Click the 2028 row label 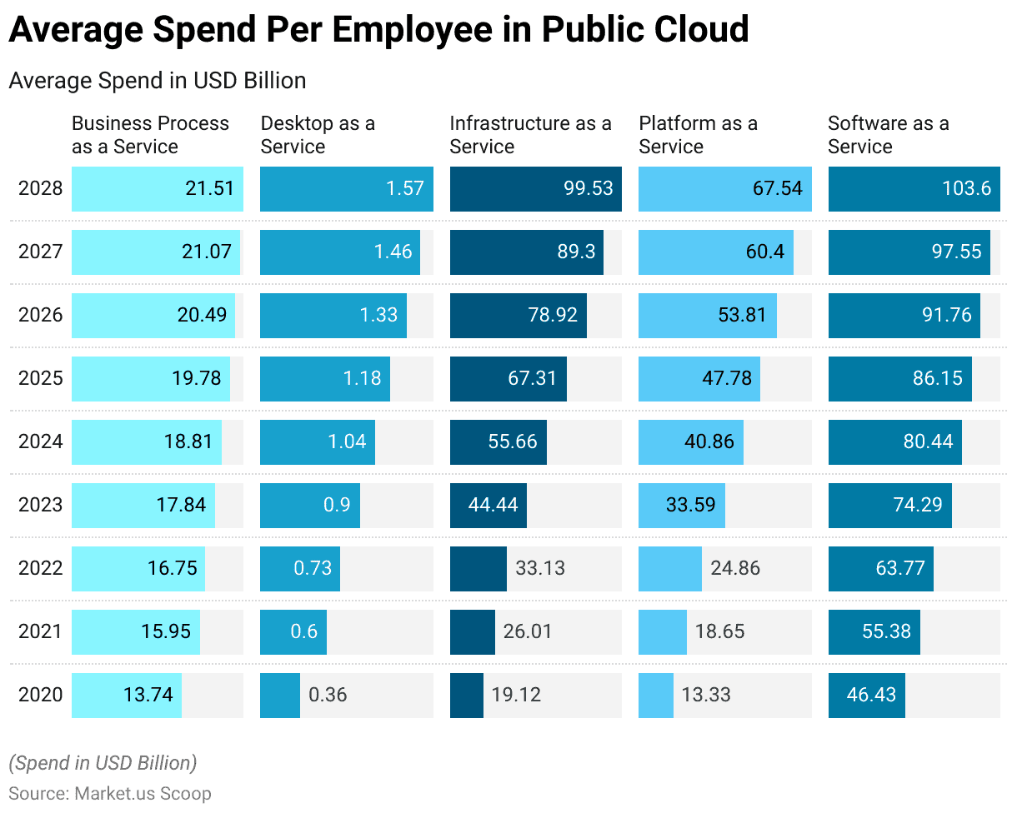40,188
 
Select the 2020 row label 40,695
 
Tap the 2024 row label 40,441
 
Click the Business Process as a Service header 150,135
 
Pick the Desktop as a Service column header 318,135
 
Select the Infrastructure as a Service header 530,135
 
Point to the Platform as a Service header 698,135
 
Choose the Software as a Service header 888,135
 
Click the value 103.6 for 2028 965,188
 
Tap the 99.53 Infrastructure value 588,188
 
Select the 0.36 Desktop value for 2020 328,695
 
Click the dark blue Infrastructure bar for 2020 466,695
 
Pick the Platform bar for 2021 662,631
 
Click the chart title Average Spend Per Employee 378,30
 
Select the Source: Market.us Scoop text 110,794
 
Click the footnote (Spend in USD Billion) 103,762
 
